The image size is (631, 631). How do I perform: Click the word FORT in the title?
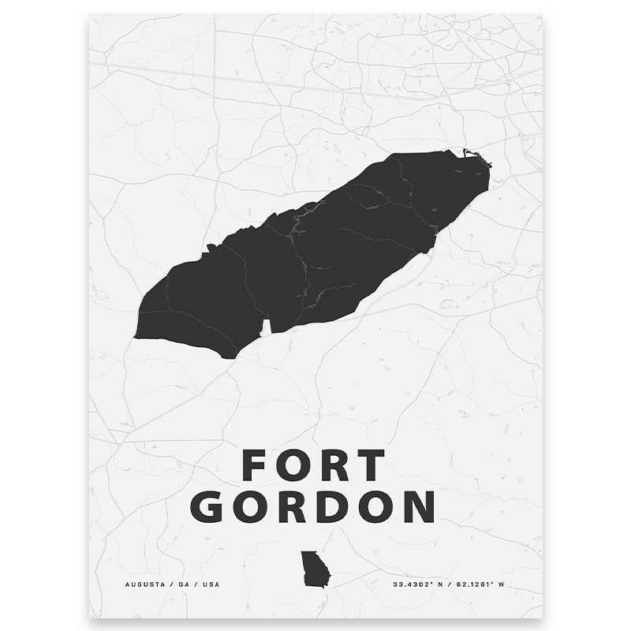[314, 465]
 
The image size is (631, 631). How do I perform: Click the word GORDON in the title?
[315, 507]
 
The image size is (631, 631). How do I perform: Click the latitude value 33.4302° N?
[420, 584]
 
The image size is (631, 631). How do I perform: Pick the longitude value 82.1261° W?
[481, 584]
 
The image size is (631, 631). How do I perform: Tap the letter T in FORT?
[370, 465]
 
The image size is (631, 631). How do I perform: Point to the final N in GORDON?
[419, 507]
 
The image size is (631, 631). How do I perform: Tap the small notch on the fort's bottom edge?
[266, 327]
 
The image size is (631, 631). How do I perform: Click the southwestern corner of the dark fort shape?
[137, 336]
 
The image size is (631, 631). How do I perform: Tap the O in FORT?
[293, 465]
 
